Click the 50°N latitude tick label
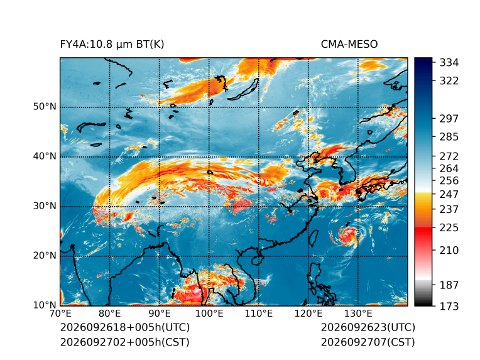tap(45, 107)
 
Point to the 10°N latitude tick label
tap(45, 305)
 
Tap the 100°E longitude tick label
tap(209, 314)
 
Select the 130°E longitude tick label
tap(358, 314)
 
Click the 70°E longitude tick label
tap(60, 314)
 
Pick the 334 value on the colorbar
tap(449, 62)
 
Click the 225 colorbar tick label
tap(449, 228)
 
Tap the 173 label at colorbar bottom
tap(449, 306)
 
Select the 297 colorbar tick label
tap(449, 119)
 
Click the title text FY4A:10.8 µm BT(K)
tap(112, 45)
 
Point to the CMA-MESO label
tap(349, 45)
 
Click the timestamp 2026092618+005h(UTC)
tap(125, 327)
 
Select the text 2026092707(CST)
tap(368, 342)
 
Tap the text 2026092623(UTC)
tap(368, 327)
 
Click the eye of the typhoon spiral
tap(347, 235)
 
